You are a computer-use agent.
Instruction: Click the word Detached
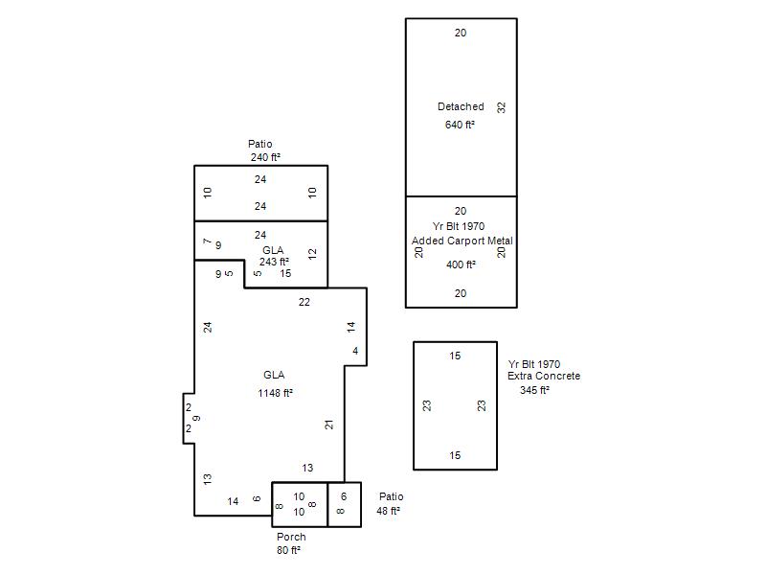(461, 106)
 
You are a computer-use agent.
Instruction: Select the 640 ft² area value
(460, 125)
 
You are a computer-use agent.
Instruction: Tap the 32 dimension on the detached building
(501, 107)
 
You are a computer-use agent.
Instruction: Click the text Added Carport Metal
(462, 241)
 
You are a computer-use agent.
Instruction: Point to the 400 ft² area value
(461, 264)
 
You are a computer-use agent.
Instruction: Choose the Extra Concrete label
(544, 376)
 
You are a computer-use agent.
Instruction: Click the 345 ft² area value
(534, 390)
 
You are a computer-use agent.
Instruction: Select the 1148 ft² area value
(275, 393)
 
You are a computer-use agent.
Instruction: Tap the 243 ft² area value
(274, 262)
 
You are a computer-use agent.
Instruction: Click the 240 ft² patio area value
(265, 157)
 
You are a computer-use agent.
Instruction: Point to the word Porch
(291, 537)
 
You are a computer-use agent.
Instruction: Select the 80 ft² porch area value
(288, 550)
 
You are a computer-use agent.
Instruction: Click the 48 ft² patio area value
(388, 511)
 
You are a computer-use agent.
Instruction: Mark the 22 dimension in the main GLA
(304, 302)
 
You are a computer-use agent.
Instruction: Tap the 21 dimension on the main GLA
(329, 425)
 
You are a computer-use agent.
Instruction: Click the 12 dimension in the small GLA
(312, 254)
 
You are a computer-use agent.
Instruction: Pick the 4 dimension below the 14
(355, 351)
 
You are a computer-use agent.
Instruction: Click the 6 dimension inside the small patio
(344, 496)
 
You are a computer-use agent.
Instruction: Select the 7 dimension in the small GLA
(207, 241)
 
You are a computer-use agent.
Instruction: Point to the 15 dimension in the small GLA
(285, 274)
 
